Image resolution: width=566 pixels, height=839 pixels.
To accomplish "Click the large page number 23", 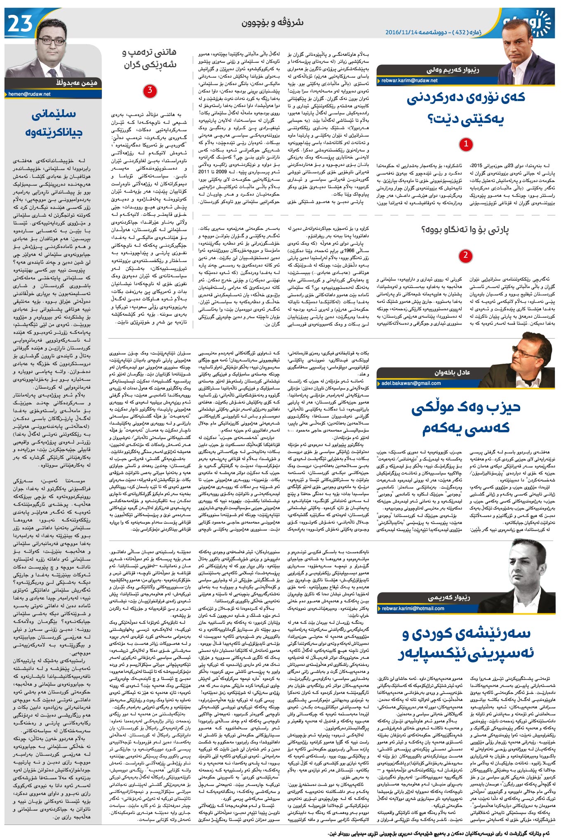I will click(x=20, y=24).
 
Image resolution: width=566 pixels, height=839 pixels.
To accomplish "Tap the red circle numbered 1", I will click(x=466, y=144).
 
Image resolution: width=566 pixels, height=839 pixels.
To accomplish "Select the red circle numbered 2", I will click(x=465, y=255).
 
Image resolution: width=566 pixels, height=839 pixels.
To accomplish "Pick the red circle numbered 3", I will click(x=150, y=90).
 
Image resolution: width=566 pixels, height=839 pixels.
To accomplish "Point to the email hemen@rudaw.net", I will click(x=29, y=94).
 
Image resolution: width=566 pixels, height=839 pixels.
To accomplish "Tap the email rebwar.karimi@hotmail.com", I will click(x=413, y=608).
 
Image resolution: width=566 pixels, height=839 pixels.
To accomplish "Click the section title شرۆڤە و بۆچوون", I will click(x=272, y=22).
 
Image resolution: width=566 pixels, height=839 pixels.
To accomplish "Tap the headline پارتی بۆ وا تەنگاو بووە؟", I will click(x=465, y=230).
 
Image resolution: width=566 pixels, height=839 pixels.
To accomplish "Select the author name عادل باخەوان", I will click(x=452, y=372).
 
